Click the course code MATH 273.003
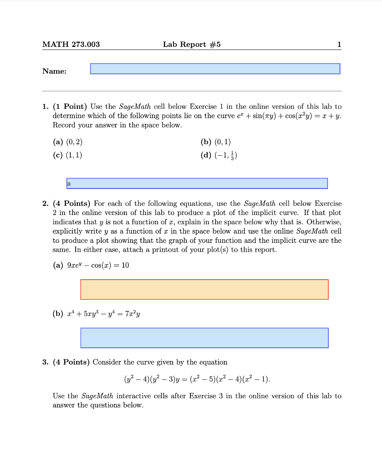(x=71, y=44)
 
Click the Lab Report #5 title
(x=191, y=44)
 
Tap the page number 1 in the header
(x=339, y=44)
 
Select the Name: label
(x=54, y=71)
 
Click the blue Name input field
(x=215, y=69)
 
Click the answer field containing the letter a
(x=197, y=183)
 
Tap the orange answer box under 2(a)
(x=204, y=289)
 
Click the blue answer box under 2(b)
(x=204, y=338)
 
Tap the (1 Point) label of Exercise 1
(x=70, y=107)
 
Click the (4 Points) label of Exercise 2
(x=73, y=203)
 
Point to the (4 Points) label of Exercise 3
(x=73, y=362)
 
